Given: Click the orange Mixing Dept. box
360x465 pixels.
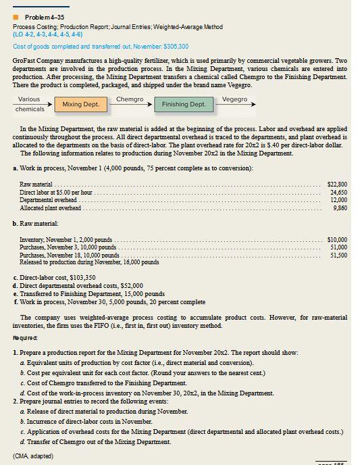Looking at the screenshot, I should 81,105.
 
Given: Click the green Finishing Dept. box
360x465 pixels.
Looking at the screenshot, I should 184,105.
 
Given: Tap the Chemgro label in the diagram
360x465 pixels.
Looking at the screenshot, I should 130,99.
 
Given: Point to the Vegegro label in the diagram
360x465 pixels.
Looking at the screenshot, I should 234,99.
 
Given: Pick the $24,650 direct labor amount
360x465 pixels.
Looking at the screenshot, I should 338,192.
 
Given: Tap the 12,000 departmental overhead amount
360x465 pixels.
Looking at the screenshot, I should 338,200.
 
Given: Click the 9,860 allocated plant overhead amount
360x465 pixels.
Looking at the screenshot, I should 339,208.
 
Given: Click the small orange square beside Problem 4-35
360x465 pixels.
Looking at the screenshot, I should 16,16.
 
